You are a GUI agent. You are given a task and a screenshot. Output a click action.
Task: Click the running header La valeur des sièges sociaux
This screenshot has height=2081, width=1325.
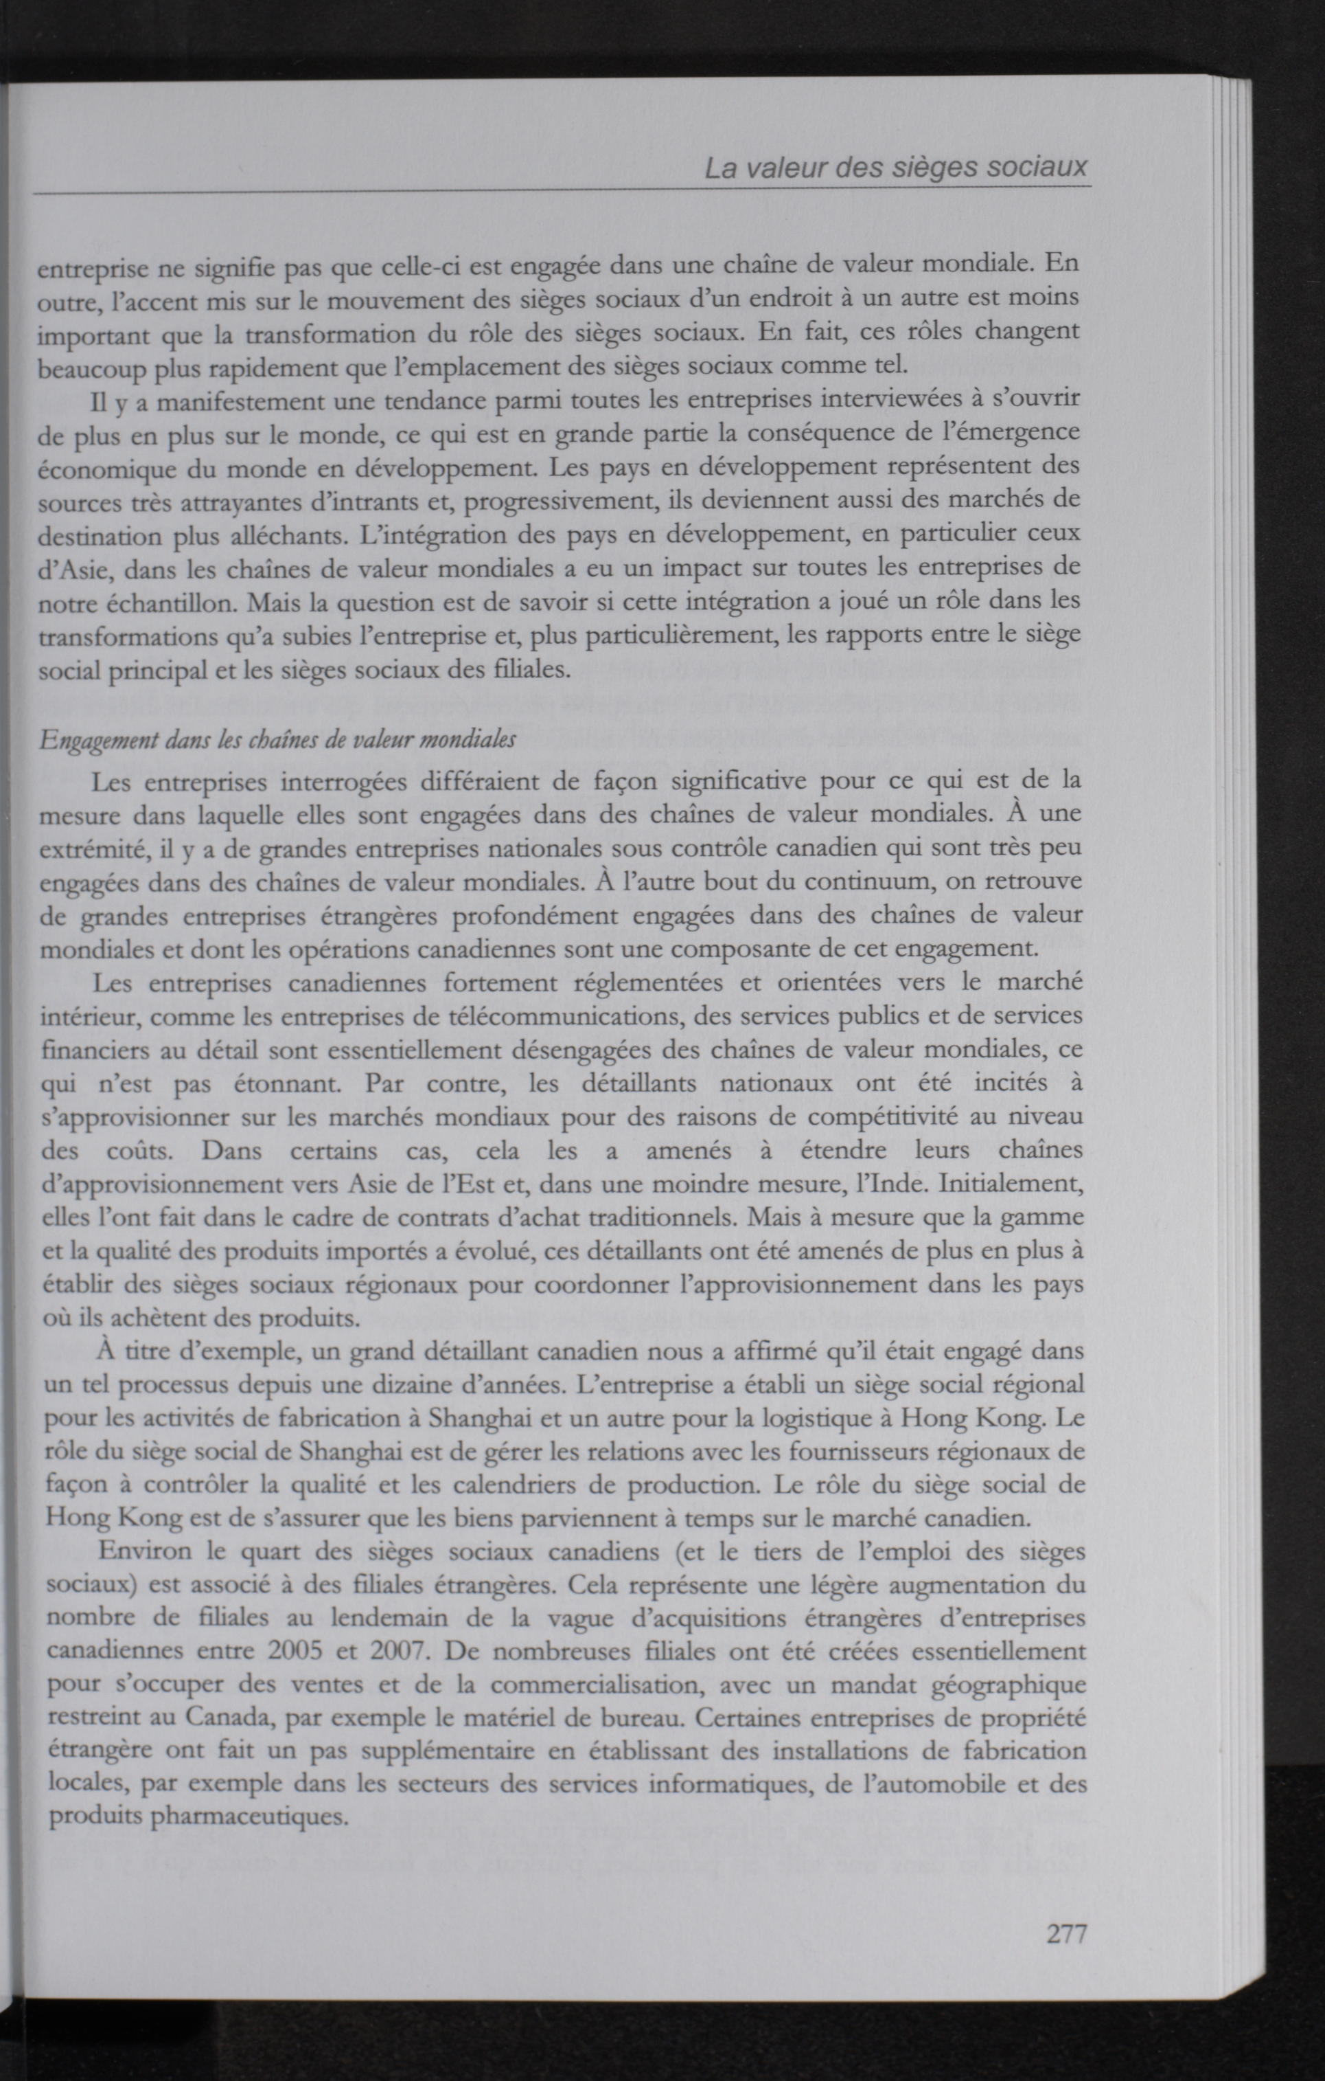click(x=896, y=167)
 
